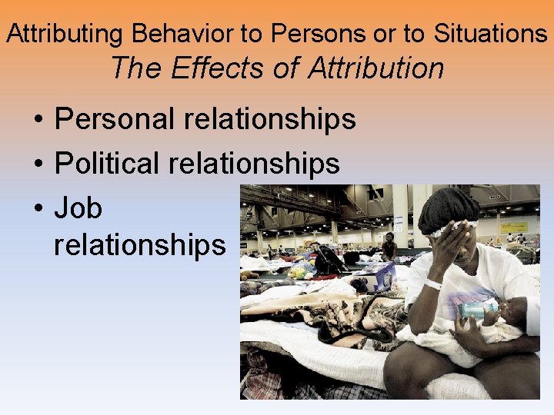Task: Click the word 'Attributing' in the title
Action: (x=66, y=33)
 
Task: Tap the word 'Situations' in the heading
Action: (x=490, y=33)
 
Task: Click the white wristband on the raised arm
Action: (x=434, y=284)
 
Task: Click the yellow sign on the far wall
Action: (x=514, y=228)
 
